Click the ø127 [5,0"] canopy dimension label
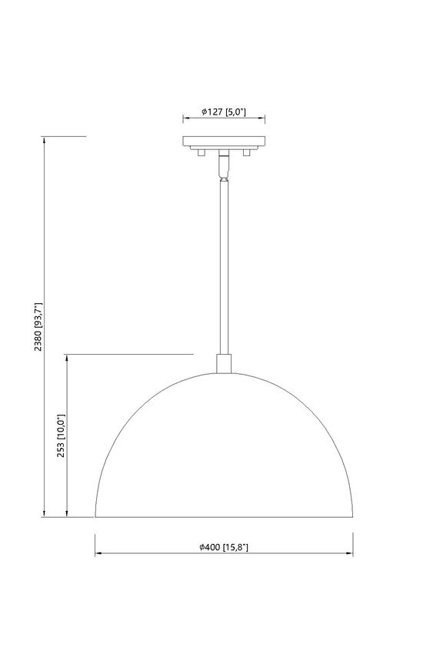point(224,112)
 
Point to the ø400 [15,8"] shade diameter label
point(224,547)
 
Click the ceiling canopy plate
point(224,142)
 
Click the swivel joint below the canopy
point(224,165)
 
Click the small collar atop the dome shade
point(224,362)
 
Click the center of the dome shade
point(224,454)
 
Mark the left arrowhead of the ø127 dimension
point(185,118)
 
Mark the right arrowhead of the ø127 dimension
point(263,118)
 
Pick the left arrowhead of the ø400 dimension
point(98,554)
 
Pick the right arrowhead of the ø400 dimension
point(351,554)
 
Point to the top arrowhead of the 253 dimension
point(68,358)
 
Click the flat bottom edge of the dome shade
point(224,517)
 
